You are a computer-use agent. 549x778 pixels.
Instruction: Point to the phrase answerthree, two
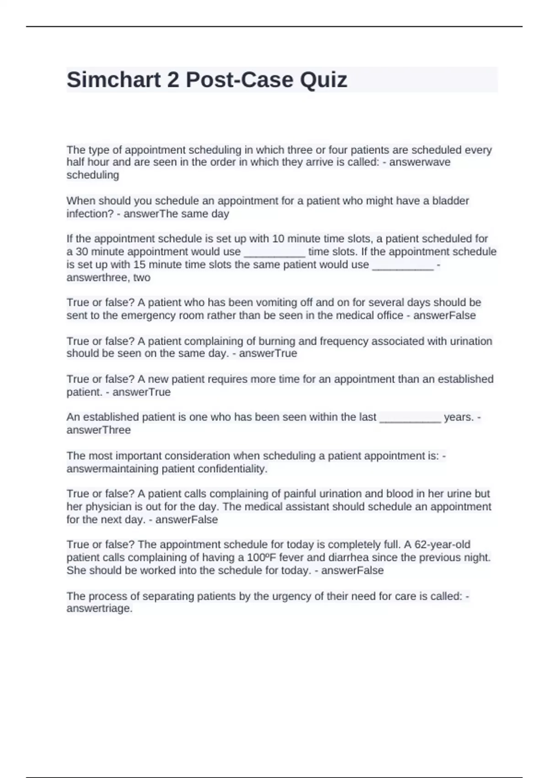click(108, 277)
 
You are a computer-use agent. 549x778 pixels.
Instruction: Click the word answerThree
click(98, 430)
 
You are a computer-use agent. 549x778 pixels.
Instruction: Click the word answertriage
click(99, 609)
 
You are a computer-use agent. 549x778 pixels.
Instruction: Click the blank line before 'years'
click(410, 417)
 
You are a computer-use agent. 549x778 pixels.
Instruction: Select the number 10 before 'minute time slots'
click(278, 238)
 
